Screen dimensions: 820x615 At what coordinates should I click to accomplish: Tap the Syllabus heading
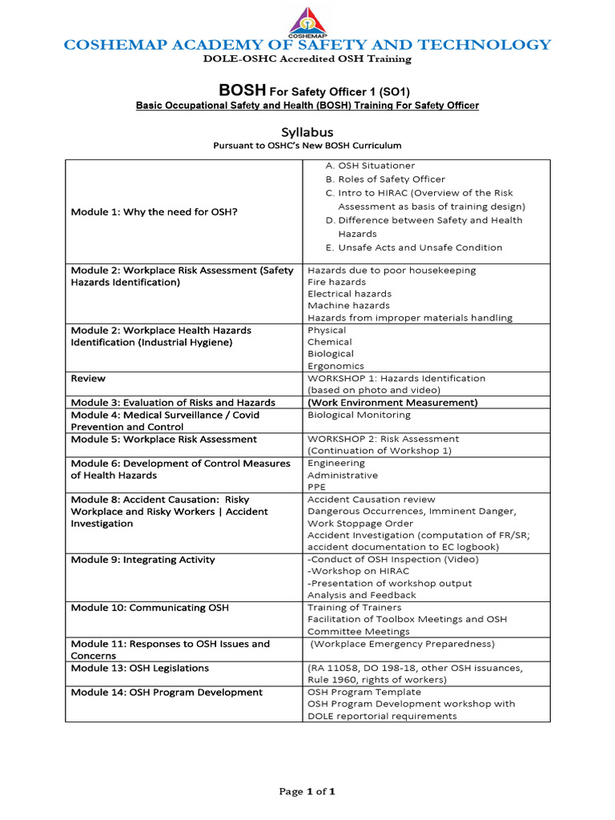pos(307,131)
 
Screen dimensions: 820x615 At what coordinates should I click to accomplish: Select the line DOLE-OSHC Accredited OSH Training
pos(307,58)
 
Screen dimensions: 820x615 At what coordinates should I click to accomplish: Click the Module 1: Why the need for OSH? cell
pos(154,211)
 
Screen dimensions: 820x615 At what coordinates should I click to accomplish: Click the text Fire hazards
pos(336,282)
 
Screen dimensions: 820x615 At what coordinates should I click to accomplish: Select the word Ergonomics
pos(336,365)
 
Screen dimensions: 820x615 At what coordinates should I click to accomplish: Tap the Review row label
pos(88,378)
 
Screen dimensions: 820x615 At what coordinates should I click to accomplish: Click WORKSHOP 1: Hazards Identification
pos(396,378)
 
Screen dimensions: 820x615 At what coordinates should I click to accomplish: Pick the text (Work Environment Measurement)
pos(392,402)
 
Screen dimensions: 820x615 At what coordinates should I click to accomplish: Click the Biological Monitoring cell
pos(359,415)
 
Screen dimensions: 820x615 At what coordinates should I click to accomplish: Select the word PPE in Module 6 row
pos(317,487)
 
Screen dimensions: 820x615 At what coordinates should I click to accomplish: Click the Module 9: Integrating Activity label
pos(143,560)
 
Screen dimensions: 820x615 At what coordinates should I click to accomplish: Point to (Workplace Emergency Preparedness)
pos(403,644)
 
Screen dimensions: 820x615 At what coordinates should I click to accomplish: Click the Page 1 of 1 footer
pos(307,791)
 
